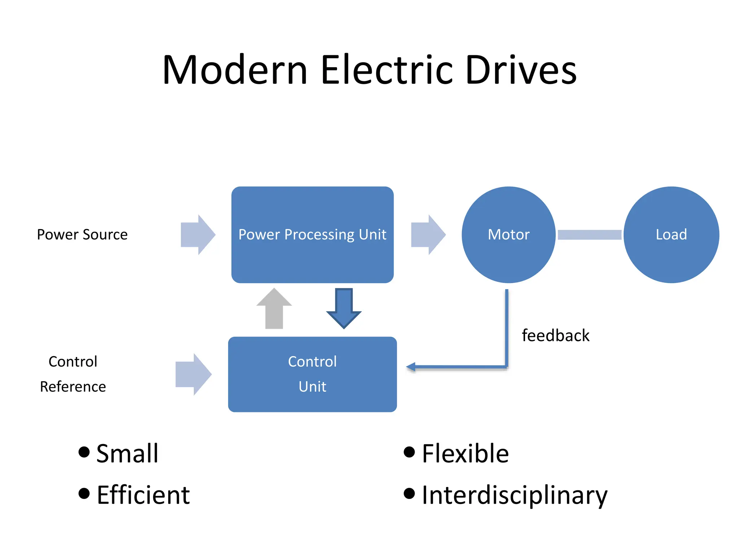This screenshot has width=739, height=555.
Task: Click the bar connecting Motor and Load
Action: pos(589,235)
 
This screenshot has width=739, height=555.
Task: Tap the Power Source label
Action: pos(82,235)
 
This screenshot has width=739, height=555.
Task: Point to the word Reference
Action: pos(73,387)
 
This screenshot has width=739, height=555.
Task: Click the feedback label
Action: pos(555,336)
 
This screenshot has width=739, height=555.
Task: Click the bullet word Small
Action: pos(127,453)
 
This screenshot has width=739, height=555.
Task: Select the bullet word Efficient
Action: pos(143,495)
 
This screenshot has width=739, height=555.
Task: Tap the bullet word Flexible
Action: pos(465,453)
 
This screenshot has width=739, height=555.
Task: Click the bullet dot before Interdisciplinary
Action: pos(409,493)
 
